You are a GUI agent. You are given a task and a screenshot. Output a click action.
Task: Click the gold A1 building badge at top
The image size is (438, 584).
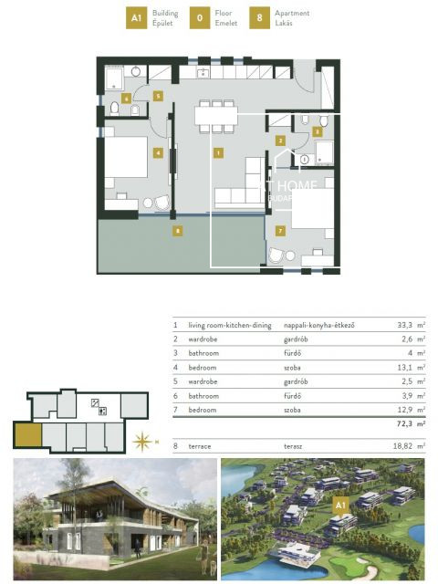(137, 18)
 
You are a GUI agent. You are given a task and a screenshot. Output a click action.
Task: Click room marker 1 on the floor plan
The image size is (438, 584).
(218, 153)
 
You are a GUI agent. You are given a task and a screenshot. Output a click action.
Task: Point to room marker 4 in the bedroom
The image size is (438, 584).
(159, 153)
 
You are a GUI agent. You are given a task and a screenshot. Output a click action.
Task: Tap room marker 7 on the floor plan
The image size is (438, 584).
(280, 231)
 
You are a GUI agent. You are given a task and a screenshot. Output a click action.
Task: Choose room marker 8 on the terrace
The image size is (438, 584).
(177, 231)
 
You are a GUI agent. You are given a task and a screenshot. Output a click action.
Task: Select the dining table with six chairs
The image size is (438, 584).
(216, 115)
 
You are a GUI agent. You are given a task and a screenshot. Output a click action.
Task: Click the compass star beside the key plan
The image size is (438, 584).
(142, 443)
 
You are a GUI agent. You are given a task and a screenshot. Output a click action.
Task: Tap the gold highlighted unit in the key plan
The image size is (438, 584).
(26, 437)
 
